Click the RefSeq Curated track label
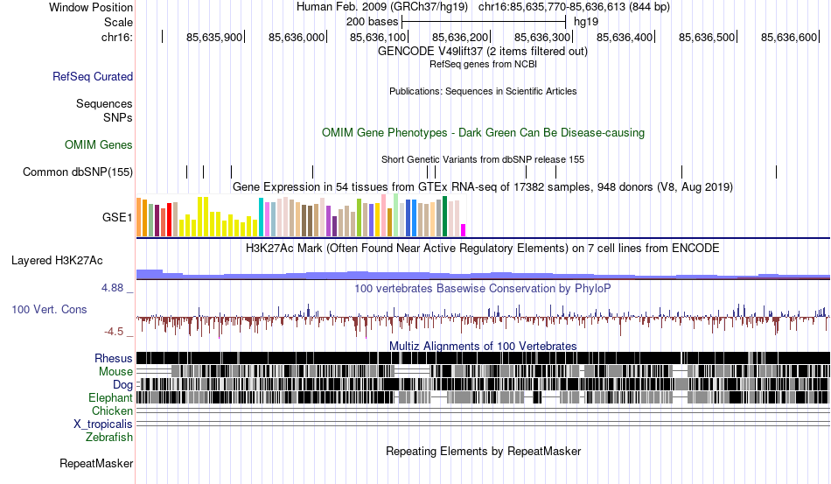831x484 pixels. [x=93, y=77]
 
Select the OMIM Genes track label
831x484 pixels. [x=99, y=144]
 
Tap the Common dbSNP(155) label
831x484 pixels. [x=78, y=172]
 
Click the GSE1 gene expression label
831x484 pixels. [x=117, y=216]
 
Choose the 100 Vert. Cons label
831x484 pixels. [x=49, y=309]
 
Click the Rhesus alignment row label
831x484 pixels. [x=114, y=358]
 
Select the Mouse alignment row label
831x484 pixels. [x=115, y=371]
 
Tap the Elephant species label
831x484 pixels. [x=110, y=397]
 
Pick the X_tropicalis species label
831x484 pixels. [x=103, y=424]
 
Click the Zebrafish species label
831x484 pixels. [x=109, y=437]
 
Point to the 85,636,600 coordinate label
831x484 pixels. [x=789, y=38]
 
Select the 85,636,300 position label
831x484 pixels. [x=542, y=38]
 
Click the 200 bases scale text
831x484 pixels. [x=372, y=21]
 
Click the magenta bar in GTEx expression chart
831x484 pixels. [x=464, y=230]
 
